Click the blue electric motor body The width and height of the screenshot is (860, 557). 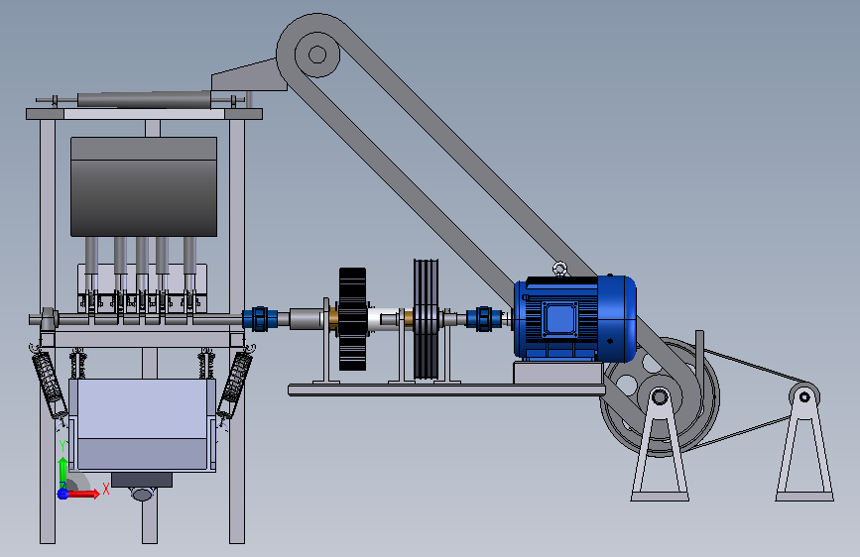[574, 318]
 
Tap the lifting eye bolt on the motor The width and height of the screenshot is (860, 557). [559, 269]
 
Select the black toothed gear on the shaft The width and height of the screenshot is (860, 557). [353, 319]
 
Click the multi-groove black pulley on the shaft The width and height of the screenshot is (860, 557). [427, 319]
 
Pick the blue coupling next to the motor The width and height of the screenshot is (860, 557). [483, 318]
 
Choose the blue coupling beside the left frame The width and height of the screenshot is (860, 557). [260, 318]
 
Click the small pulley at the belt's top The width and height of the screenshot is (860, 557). [317, 55]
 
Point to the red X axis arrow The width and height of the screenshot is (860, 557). [83, 494]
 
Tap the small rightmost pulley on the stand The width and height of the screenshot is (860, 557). [804, 396]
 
